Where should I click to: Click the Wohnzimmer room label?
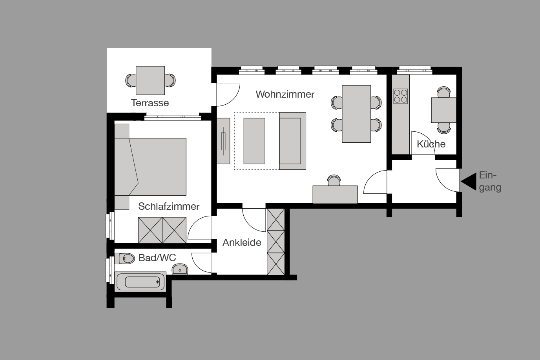point(285,95)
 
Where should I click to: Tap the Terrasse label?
point(150,103)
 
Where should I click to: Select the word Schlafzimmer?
point(169,207)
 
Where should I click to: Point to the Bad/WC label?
point(157,258)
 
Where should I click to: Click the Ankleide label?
point(242,243)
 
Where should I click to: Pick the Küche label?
point(431,144)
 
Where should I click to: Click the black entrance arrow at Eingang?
point(468,182)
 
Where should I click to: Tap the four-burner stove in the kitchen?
point(400,96)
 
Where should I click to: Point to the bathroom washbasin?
point(180,269)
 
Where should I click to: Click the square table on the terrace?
point(150,80)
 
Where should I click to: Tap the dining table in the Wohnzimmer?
point(356,114)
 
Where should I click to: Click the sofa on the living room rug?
point(292,141)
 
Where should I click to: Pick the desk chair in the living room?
point(334,181)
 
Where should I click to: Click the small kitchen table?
point(443,110)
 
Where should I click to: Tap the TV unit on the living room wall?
point(223,141)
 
